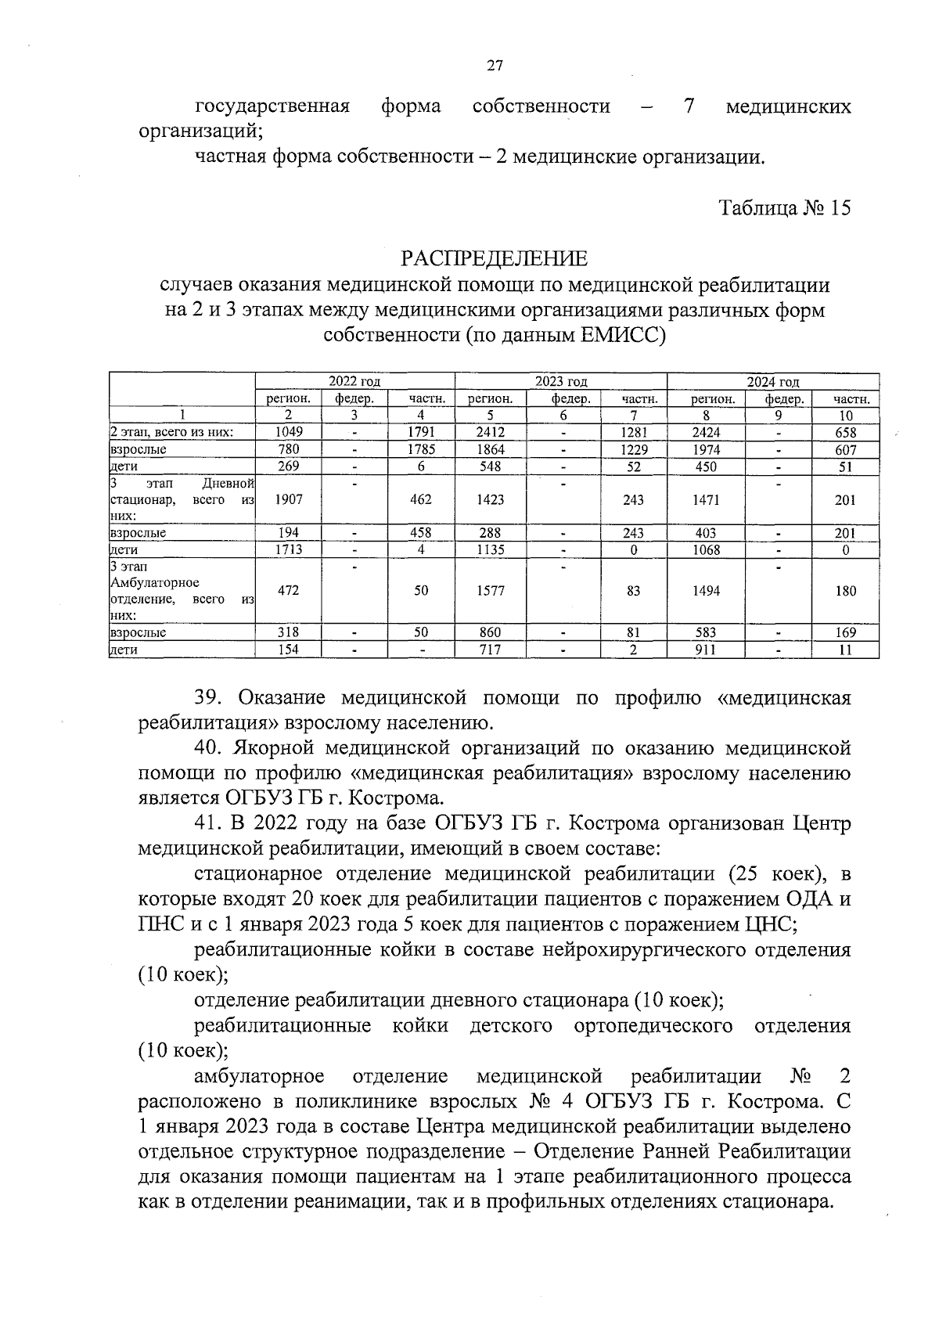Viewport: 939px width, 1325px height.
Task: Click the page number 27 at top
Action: [494, 66]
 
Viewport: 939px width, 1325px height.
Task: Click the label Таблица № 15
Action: [785, 208]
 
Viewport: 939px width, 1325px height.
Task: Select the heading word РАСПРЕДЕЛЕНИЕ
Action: [494, 259]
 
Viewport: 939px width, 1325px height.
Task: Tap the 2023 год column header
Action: [561, 382]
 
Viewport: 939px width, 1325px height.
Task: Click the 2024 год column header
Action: [772, 382]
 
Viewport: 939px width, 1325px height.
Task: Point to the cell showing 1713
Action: [289, 550]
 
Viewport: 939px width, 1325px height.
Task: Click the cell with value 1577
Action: [491, 592]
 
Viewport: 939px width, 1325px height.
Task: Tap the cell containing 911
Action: [706, 650]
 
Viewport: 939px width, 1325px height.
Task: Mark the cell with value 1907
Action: [289, 500]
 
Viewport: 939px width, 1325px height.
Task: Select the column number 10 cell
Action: [845, 416]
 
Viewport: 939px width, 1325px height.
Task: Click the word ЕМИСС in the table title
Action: [623, 337]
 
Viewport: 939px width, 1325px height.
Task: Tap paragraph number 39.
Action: [209, 698]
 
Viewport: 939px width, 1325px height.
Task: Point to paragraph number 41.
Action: [209, 824]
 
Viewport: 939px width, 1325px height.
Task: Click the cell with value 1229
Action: [633, 450]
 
